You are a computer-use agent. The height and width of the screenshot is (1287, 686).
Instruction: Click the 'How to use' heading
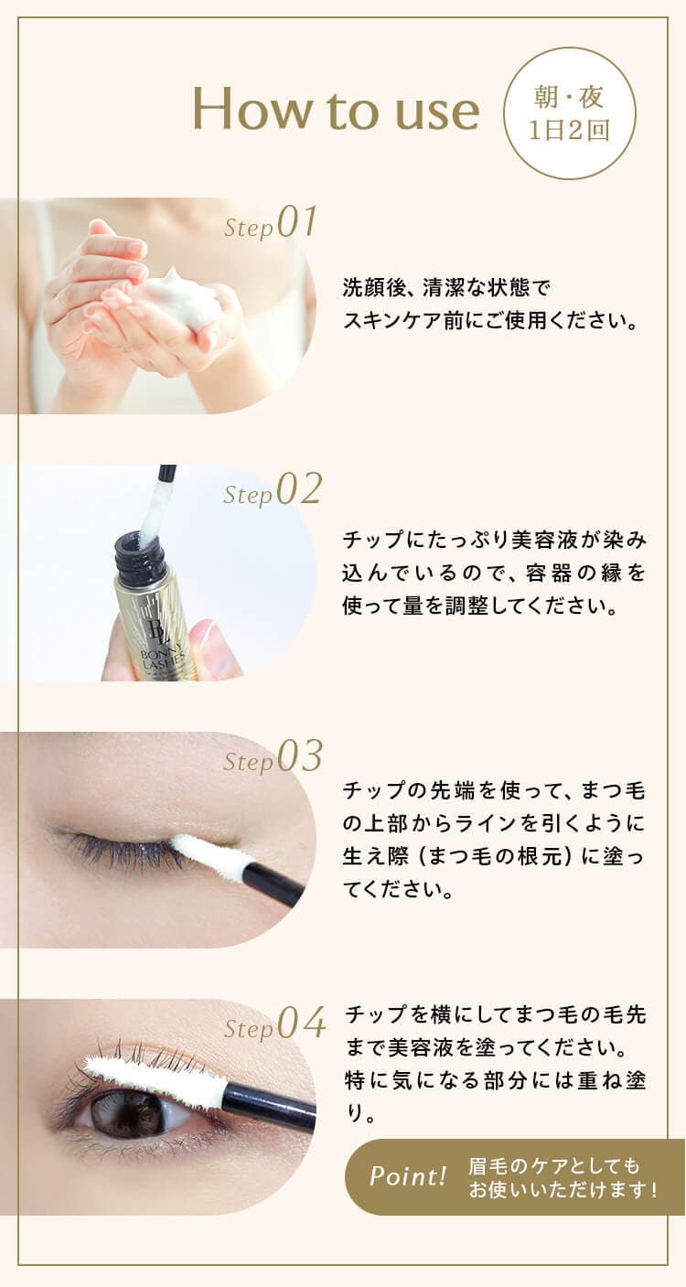tap(336, 109)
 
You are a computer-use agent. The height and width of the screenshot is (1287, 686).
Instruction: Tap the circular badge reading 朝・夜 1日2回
tap(569, 113)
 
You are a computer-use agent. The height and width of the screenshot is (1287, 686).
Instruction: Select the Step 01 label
tap(270, 223)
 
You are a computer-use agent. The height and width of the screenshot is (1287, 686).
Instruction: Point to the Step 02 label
tap(273, 490)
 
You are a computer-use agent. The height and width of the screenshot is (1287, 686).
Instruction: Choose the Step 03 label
tap(273, 757)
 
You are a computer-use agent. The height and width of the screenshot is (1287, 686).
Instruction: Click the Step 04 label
tap(274, 1024)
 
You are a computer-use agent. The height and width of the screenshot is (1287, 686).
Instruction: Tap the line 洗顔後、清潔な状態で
tap(446, 287)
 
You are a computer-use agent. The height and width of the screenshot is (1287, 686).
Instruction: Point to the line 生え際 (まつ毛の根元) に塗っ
tap(494, 855)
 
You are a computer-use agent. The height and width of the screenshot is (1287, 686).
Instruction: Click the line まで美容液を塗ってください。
tap(486, 1047)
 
